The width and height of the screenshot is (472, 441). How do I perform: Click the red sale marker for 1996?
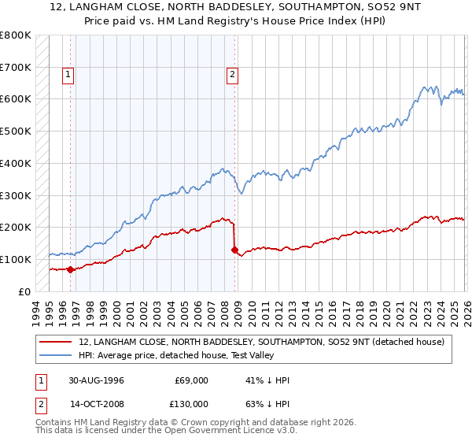(71, 269)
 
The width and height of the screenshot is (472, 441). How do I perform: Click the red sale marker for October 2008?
(234, 250)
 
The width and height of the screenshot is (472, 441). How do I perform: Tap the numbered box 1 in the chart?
(68, 76)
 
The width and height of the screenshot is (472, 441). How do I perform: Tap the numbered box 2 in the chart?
(233, 76)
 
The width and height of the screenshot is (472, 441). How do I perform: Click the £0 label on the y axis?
(24, 292)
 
